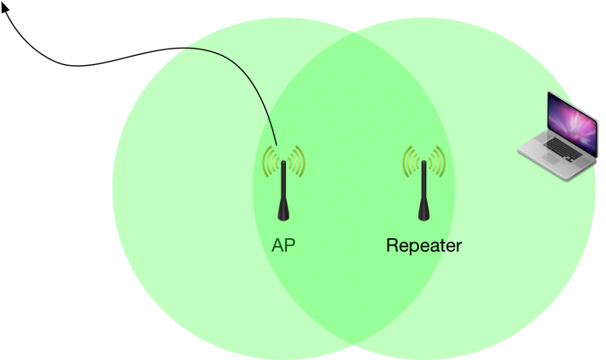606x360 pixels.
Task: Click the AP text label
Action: [283, 245]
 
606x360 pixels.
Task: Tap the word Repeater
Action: [424, 245]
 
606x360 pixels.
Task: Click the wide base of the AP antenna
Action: [283, 213]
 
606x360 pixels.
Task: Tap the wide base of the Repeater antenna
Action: [424, 213]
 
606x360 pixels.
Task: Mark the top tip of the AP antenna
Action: [283, 162]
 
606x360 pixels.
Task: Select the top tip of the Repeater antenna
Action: [424, 162]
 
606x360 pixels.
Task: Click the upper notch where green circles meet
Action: [354, 30]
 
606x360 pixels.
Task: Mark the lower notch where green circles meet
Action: [354, 346]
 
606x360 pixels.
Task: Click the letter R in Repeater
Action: [392, 245]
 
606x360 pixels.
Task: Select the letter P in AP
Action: [289, 245]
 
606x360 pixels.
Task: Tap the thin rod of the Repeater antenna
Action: [424, 184]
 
